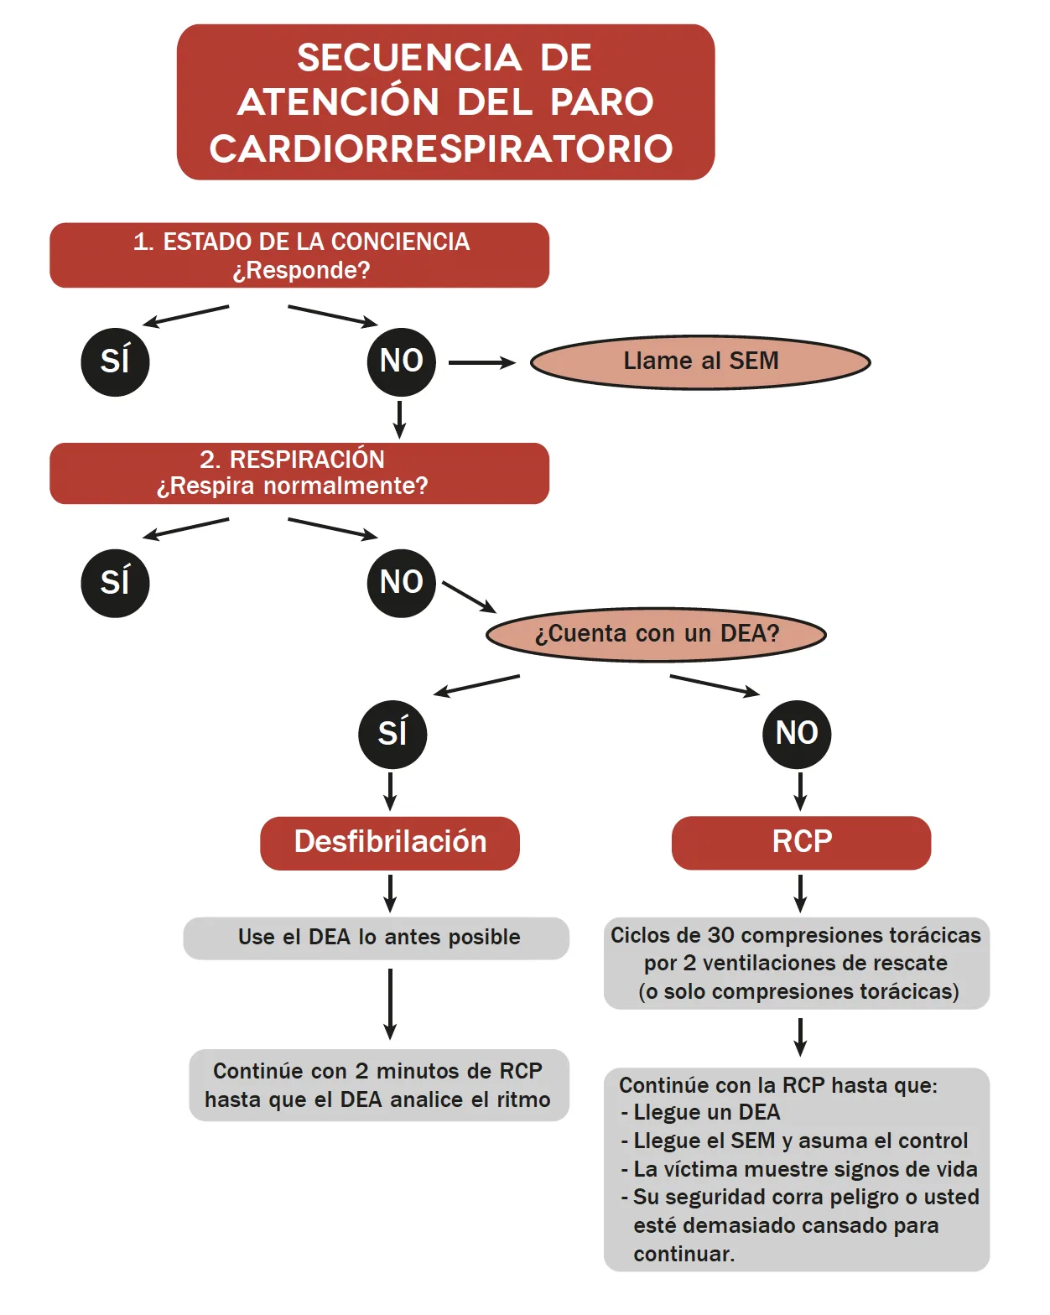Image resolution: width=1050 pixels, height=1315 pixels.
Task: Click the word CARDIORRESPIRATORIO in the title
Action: tap(441, 148)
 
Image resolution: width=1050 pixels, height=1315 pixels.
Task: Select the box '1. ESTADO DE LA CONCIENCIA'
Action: tap(299, 255)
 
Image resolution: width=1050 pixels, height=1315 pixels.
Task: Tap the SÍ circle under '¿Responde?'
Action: tap(115, 362)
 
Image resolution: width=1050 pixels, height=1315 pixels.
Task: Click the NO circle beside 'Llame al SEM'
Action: tap(402, 362)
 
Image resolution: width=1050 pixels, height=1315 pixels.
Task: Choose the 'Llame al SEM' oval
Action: tap(700, 362)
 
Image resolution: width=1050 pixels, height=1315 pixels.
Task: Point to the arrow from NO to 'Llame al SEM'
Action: tap(481, 362)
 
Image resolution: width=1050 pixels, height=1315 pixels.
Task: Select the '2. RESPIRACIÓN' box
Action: tap(299, 473)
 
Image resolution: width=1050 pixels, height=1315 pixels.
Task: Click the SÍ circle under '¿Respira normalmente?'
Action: tap(115, 583)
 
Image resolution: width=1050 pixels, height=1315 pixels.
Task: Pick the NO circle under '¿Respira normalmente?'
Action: tap(402, 583)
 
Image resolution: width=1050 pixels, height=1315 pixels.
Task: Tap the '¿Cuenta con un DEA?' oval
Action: tap(657, 634)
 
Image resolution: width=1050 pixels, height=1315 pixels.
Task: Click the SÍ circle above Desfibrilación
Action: tap(392, 734)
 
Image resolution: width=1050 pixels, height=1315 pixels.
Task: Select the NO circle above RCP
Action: tap(797, 734)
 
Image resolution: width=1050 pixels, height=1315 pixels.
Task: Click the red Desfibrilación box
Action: tap(390, 843)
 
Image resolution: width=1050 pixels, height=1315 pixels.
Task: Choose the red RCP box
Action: tap(801, 843)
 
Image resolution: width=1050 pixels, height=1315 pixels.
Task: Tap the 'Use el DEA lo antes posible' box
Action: tap(377, 938)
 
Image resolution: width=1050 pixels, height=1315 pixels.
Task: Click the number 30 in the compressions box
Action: tap(721, 935)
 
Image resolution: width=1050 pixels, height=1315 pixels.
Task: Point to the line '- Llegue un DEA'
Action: tap(701, 1113)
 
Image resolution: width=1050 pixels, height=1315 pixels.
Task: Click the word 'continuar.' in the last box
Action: tap(684, 1255)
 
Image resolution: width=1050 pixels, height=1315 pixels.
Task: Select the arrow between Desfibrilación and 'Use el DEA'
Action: tap(390, 893)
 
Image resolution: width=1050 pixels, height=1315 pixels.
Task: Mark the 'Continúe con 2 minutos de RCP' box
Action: tap(378, 1085)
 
